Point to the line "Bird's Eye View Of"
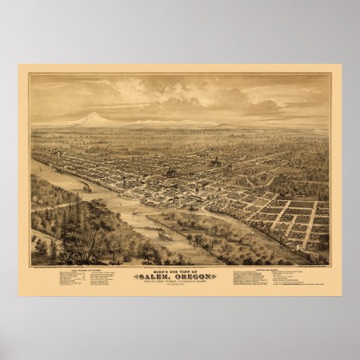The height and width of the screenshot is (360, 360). pyautogui.click(x=179, y=269)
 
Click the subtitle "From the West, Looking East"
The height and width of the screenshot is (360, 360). pyautogui.click(x=179, y=282)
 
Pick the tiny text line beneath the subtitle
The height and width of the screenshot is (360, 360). pyautogui.click(x=179, y=287)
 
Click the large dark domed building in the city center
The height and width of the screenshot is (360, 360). pyautogui.click(x=171, y=173)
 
